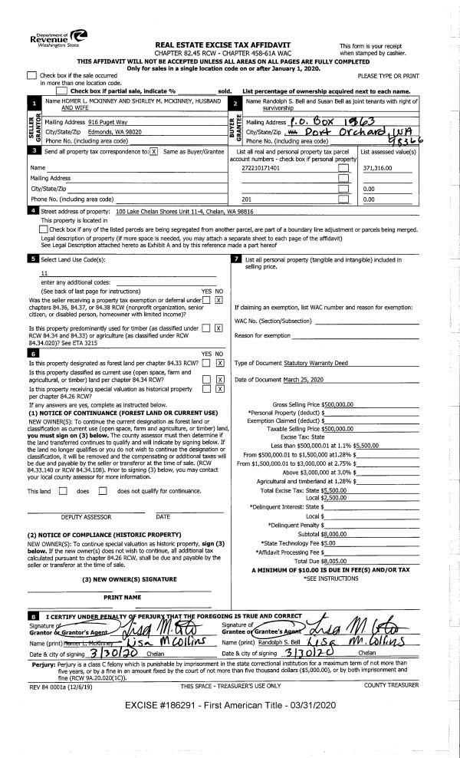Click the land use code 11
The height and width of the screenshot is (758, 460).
click(x=44, y=272)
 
